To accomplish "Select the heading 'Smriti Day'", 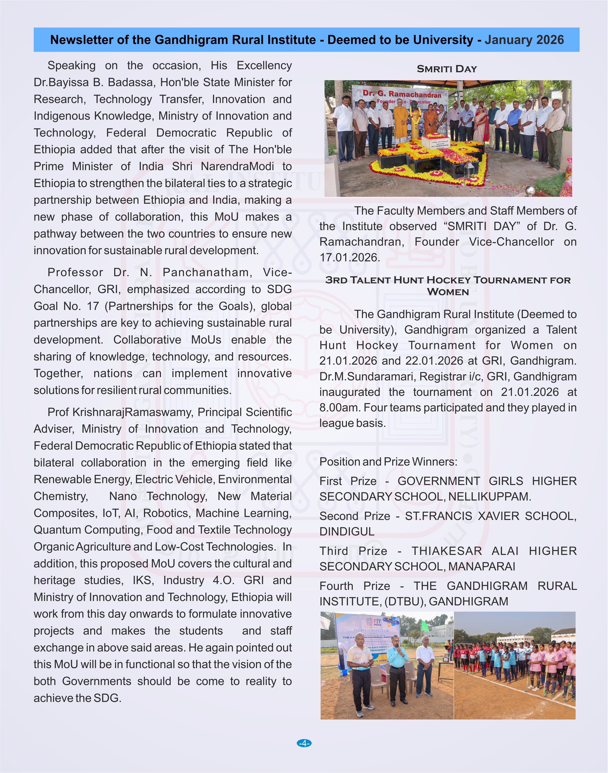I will coord(447,69).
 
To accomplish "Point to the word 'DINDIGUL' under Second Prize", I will coord(347,531).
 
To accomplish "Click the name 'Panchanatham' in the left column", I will coord(207,272).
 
